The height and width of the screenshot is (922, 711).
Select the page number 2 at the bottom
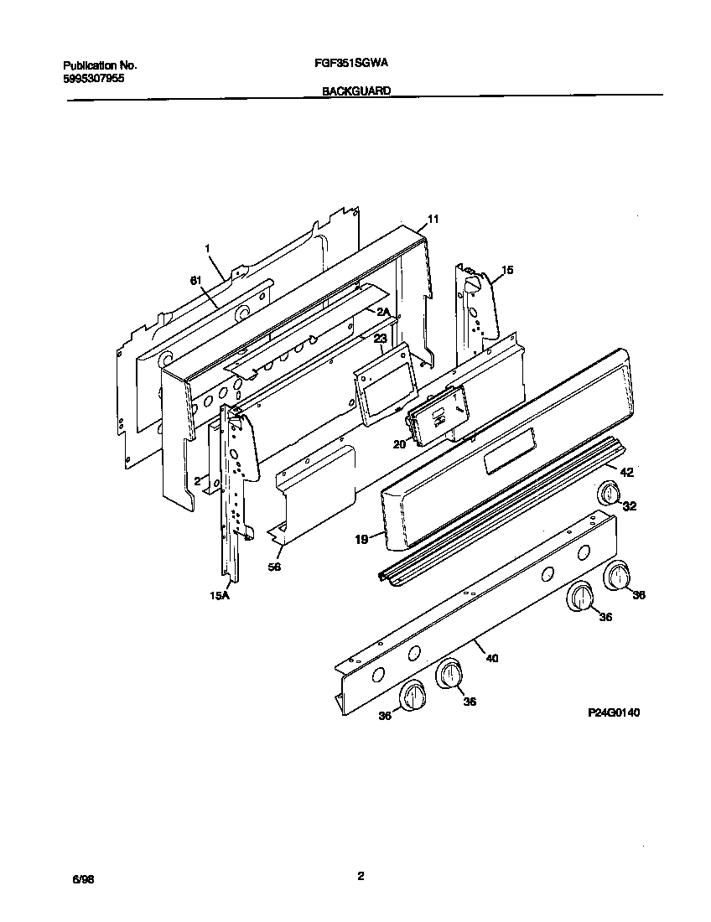coord(360,877)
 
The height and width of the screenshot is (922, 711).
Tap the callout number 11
coord(433,220)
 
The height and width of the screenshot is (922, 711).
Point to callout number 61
coord(195,281)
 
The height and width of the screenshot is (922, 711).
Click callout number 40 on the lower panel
coord(492,658)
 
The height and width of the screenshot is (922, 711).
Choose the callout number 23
coord(380,339)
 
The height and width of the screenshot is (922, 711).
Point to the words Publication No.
coord(100,65)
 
